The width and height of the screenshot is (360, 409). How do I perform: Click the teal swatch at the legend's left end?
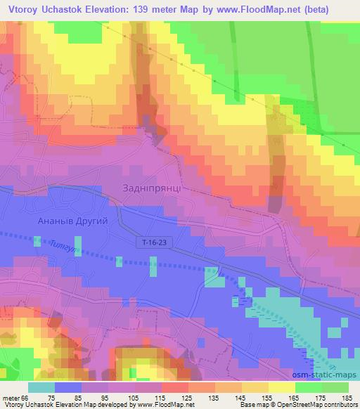click(41, 388)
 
